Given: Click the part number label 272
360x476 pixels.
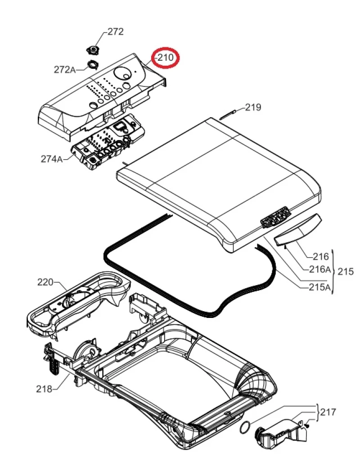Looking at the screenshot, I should tap(115, 32).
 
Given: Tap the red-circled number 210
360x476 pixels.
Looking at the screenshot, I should tap(164, 58).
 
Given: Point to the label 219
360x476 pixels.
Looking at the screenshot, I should tap(253, 107).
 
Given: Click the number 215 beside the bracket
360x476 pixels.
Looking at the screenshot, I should tap(346, 272).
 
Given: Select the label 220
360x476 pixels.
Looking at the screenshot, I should tap(45, 282).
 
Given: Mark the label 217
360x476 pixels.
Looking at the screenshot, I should tap(328, 411).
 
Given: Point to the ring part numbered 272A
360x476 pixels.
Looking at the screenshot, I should tap(92, 64).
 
